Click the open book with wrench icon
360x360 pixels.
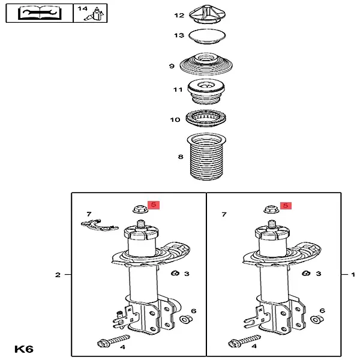(40, 13)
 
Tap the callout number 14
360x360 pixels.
(82, 9)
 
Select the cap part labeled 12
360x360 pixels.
(207, 14)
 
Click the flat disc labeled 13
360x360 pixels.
(207, 36)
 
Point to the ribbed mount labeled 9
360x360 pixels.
(206, 64)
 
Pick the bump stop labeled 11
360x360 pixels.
(206, 92)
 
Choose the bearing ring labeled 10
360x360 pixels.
(206, 118)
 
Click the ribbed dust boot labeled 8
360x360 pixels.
(206, 156)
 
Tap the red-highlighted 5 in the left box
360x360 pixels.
(154, 205)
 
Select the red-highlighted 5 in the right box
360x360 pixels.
(286, 205)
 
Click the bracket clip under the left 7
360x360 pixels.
(100, 225)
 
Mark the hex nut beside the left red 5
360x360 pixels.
(140, 209)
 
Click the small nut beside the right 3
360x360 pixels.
(306, 273)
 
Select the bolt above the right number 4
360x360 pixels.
(245, 341)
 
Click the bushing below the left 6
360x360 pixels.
(186, 319)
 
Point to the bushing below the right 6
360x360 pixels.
(317, 319)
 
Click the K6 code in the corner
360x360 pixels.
(24, 349)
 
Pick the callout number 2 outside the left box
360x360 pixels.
(58, 275)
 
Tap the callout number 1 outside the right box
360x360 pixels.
(353, 274)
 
